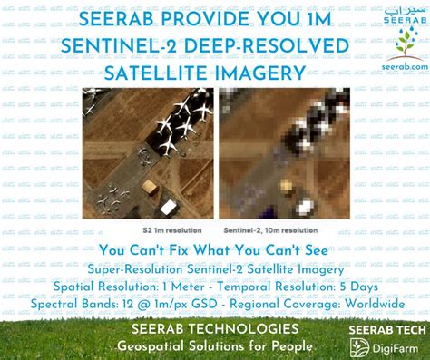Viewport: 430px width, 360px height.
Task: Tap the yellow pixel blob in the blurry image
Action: pyautogui.click(x=285, y=190)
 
